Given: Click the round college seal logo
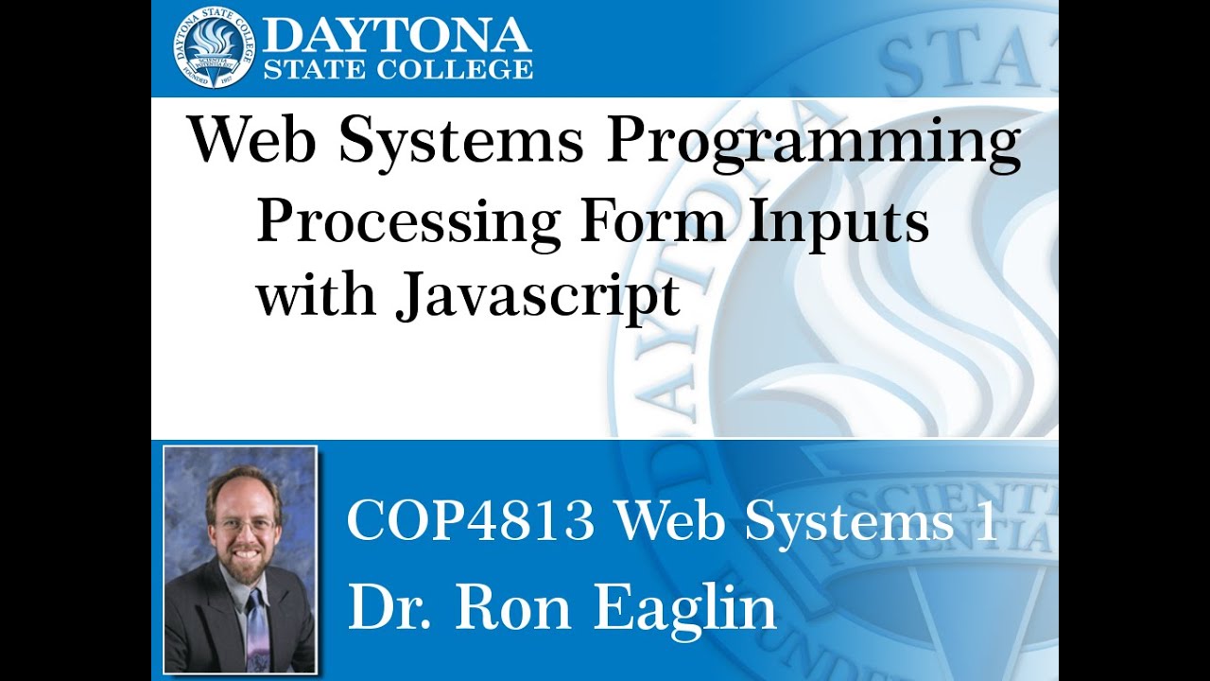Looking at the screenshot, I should click(214, 47).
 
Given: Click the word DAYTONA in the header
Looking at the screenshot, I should click(397, 36).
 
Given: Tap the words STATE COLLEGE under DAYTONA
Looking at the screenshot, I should click(397, 69).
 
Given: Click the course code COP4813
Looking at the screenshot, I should click(471, 521).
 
